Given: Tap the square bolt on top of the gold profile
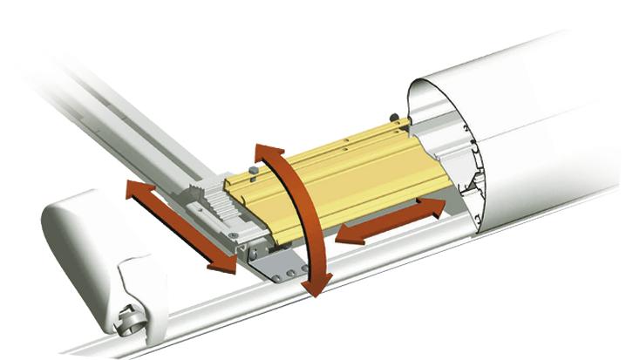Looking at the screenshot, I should click(253, 168).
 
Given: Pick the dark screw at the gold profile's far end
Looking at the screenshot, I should click(395, 117).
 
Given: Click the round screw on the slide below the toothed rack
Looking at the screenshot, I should click(233, 234).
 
